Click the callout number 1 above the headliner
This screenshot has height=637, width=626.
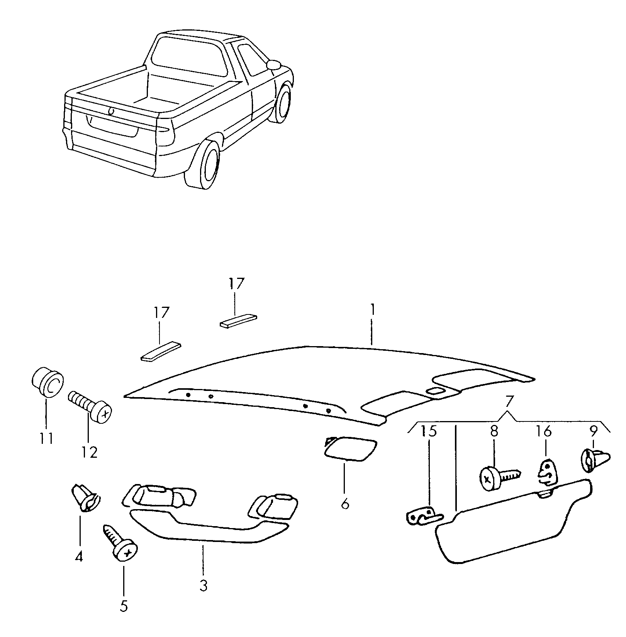[x=372, y=310]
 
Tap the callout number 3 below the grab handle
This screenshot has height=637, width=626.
[x=204, y=586]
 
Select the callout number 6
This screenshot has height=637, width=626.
[x=345, y=503]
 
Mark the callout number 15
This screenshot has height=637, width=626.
[x=429, y=431]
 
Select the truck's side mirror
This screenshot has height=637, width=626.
[x=275, y=64]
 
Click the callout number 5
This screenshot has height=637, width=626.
[x=124, y=617]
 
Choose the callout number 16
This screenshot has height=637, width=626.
[x=544, y=431]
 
